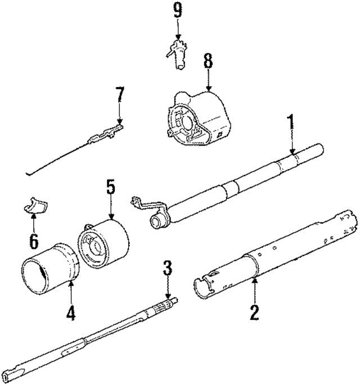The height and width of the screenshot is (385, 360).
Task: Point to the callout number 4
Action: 70,314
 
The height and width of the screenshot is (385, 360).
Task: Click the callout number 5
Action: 111,187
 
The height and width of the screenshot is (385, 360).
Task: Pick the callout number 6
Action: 33,242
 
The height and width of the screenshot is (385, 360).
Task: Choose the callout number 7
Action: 119,96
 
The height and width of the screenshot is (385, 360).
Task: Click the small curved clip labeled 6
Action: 35,207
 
